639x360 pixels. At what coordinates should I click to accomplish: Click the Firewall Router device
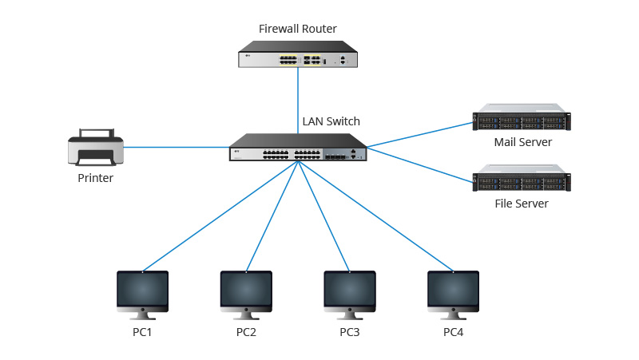click(298, 58)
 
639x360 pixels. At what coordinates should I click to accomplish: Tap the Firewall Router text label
click(298, 29)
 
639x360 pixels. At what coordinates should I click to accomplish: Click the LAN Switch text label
click(331, 122)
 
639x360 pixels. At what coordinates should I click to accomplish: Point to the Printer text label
click(95, 178)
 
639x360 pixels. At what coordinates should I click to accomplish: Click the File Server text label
click(522, 204)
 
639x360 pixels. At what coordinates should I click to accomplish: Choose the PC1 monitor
click(143, 292)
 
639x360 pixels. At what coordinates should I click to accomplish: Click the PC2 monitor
click(246, 292)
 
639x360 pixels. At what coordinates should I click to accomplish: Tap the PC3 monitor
click(350, 292)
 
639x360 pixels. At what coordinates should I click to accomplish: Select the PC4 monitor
click(453, 292)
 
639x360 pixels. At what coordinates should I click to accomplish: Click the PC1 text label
click(143, 331)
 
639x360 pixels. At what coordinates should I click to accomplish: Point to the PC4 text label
click(453, 331)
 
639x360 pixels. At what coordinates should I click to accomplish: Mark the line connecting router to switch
click(299, 100)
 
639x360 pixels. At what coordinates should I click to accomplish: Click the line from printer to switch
click(176, 147)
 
